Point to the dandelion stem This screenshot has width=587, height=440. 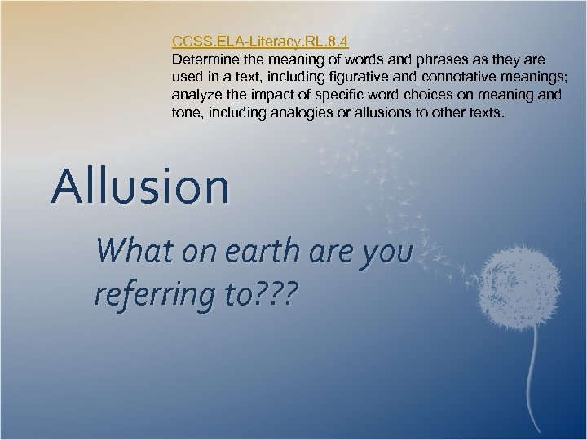535,367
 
